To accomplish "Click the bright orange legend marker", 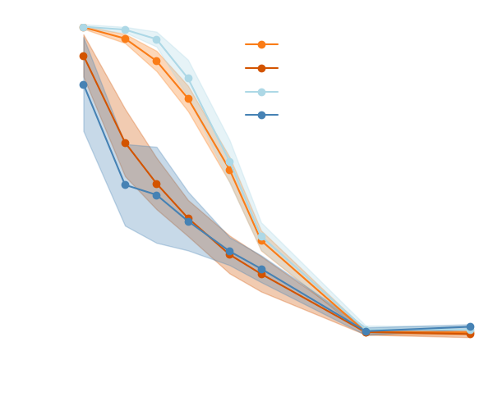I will point(261,44).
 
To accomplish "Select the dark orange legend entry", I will point(261,68).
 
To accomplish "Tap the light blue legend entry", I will point(261,92).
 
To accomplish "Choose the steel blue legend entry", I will point(261,115).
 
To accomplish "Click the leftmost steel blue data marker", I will point(83,84).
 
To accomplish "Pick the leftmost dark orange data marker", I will point(83,56).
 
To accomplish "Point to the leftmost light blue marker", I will point(83,28).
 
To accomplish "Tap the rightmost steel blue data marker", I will point(470,326).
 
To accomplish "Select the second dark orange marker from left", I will point(125,143).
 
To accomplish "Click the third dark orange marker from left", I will point(157,184).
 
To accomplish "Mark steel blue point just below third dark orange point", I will point(157,195).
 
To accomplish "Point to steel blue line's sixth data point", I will point(261,268).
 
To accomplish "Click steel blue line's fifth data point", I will point(229,252).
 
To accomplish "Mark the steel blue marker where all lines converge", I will point(366,332).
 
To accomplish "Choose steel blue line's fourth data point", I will point(188,221).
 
